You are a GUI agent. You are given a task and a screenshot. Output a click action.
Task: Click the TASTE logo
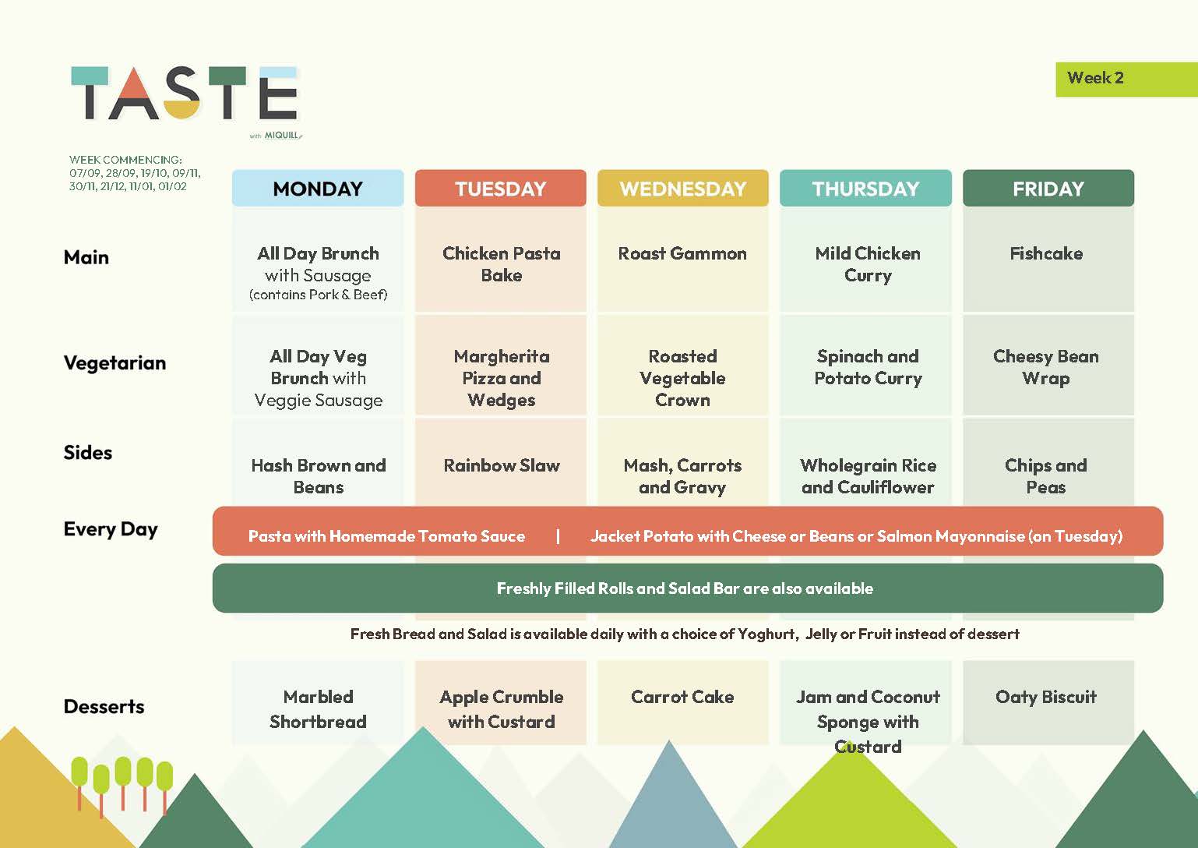[x=185, y=93]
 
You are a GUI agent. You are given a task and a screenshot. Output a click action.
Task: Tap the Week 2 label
[x=1095, y=78]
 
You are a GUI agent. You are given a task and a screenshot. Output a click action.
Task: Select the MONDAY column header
[x=318, y=189]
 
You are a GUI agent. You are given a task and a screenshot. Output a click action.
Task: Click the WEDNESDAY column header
[x=682, y=189]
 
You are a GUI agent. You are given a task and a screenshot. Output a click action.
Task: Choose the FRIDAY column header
[x=1048, y=189]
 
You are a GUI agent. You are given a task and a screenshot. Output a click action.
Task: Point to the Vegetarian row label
[x=115, y=363]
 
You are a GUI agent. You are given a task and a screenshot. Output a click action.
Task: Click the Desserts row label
[x=104, y=706]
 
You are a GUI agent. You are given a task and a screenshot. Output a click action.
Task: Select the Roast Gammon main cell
[x=682, y=253]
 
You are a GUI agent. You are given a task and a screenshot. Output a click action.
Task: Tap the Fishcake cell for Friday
[x=1046, y=253]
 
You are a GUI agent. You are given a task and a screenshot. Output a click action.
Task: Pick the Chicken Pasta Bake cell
[x=501, y=264]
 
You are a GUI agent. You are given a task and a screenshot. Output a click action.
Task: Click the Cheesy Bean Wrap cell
[x=1046, y=368]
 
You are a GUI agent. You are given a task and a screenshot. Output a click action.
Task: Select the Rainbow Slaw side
[x=502, y=465]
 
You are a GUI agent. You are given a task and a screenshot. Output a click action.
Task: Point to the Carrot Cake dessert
[x=682, y=697]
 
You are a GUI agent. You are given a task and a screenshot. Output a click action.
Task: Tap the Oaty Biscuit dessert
[x=1046, y=697]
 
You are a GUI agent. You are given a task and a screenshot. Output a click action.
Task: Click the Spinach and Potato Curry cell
[x=868, y=368]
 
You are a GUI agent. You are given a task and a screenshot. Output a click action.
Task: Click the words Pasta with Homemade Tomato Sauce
[x=386, y=536]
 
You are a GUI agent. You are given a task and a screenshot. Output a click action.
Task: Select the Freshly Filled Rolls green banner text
[x=685, y=588]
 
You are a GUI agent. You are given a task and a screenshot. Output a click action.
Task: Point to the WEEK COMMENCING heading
[x=125, y=160]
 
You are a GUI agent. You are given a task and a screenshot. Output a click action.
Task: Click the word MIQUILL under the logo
[x=283, y=136]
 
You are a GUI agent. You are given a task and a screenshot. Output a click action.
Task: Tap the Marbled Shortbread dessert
[x=319, y=709]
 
